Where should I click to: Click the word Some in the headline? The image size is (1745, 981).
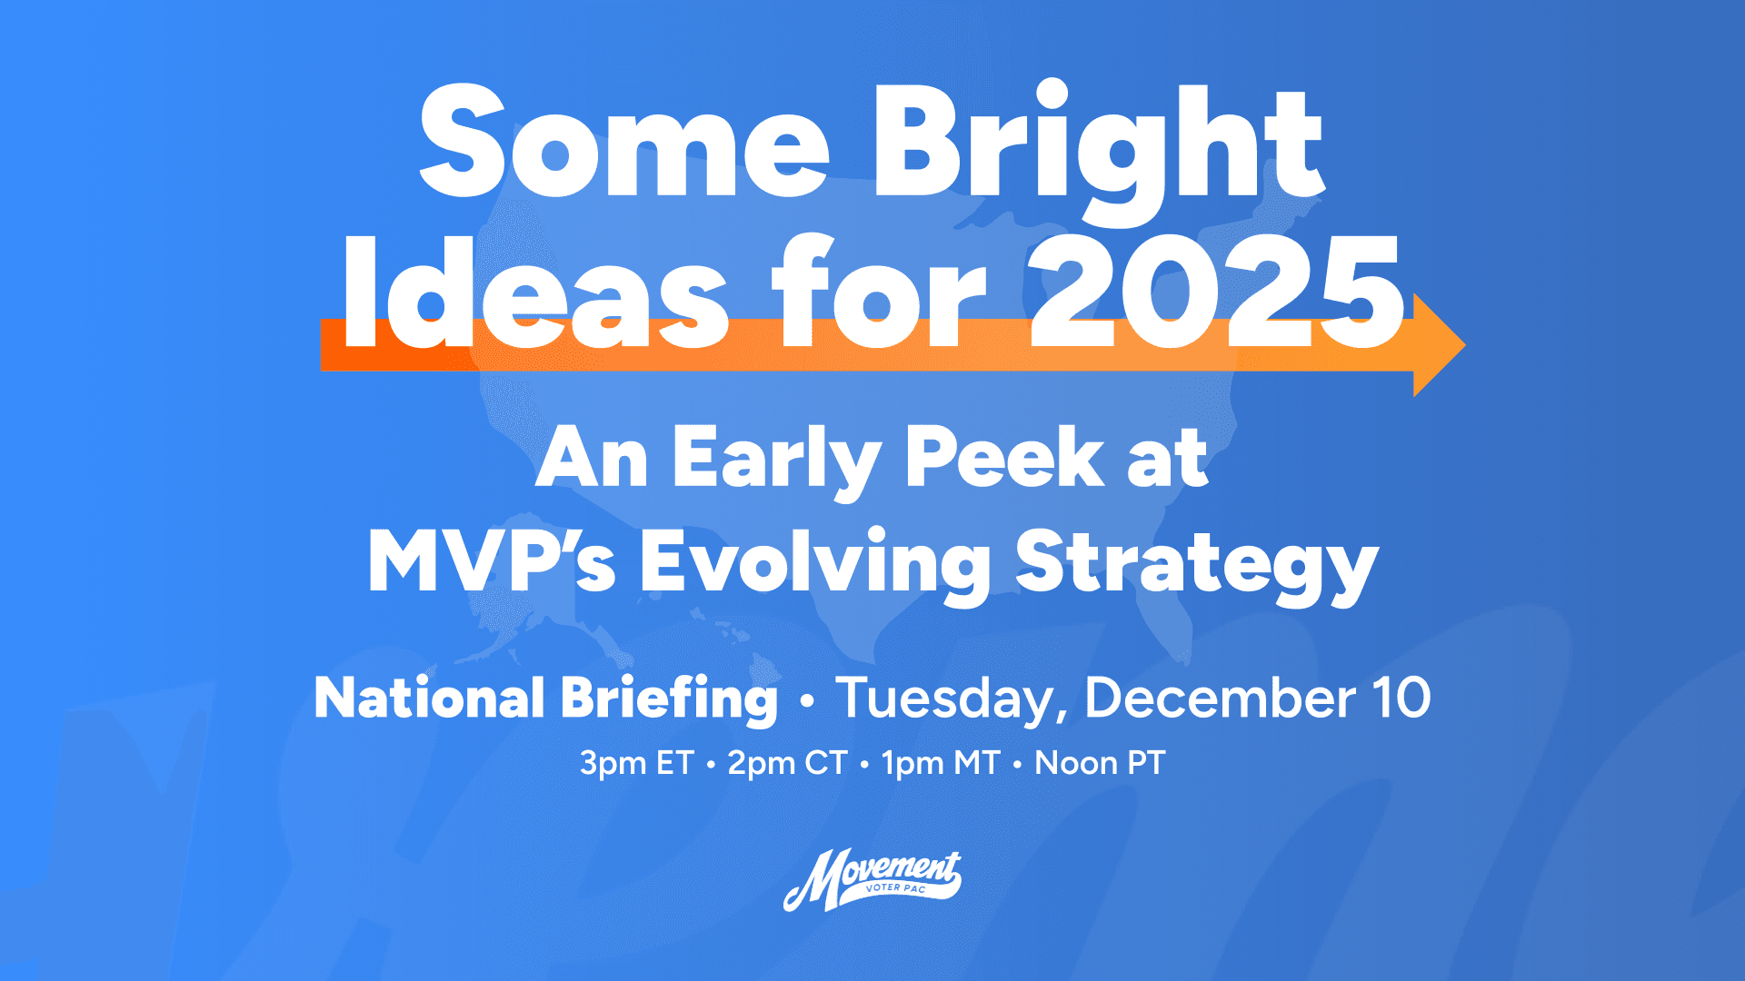(x=623, y=144)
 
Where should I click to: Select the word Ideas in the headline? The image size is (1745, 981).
(x=534, y=292)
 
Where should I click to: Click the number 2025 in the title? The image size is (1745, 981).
(x=1216, y=292)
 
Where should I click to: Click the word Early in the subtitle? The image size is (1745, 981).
(x=776, y=460)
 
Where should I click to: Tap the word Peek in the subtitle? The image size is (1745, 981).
(x=1003, y=458)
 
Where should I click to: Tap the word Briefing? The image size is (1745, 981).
(x=669, y=699)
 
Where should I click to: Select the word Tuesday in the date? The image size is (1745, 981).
(x=949, y=699)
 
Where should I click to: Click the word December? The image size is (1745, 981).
(x=1220, y=699)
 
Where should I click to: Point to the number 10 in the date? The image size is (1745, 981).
(x=1401, y=699)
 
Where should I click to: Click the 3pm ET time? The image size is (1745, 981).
(x=636, y=763)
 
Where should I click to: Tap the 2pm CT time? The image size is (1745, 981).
(x=787, y=763)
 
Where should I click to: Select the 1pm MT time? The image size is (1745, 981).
(x=941, y=763)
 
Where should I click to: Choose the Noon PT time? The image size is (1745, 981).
(x=1100, y=763)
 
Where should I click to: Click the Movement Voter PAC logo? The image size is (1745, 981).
(x=872, y=879)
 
